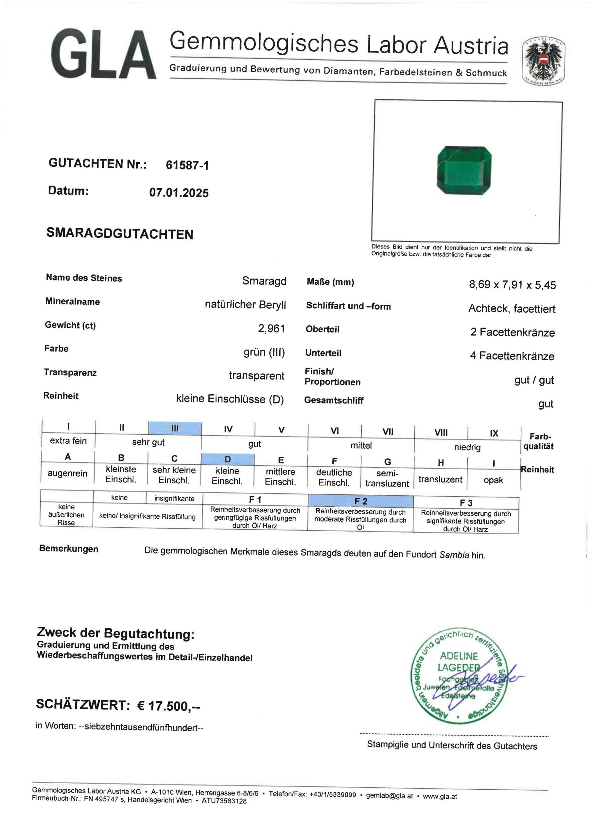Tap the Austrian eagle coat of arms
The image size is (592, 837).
[x=544, y=61]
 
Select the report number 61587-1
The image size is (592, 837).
[x=187, y=165]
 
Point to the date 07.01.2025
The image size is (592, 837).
[x=179, y=193]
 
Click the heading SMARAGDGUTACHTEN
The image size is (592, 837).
[x=120, y=234]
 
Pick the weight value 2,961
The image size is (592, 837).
[x=271, y=329]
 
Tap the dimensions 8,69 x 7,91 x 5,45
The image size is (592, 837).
[x=512, y=284]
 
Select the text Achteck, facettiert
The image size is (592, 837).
[x=512, y=309]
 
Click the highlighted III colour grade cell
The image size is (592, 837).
[x=175, y=429]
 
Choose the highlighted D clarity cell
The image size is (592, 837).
[x=228, y=459]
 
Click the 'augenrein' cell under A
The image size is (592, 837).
[x=67, y=473]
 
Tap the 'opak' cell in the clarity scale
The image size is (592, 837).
[x=493, y=480]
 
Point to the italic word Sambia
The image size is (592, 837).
[x=454, y=555]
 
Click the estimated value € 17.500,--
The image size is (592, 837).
[x=168, y=706]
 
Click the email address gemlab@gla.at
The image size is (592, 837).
[x=389, y=796]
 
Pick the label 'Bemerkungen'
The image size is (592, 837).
[x=69, y=549]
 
